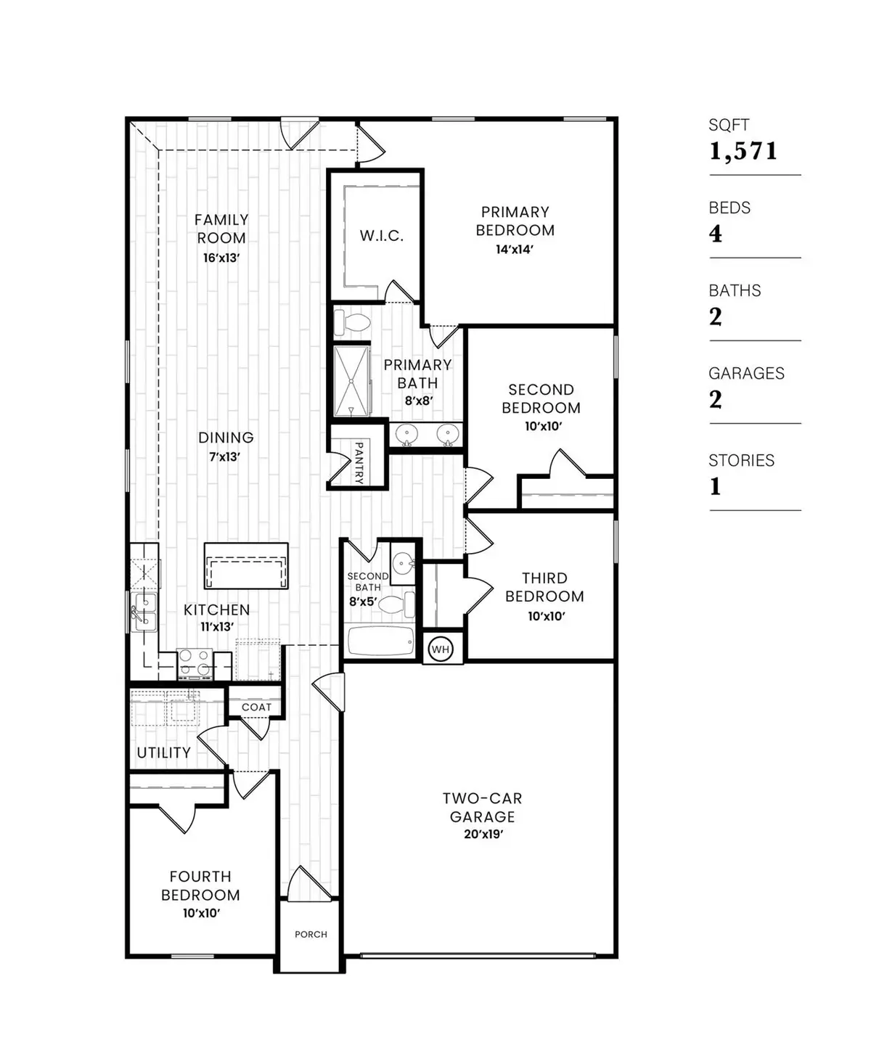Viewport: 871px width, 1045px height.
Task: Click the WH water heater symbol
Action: (x=441, y=649)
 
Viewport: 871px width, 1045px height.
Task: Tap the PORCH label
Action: (x=311, y=934)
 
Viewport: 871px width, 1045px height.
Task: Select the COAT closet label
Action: (x=256, y=707)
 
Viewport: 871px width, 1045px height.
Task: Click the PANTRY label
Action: (x=359, y=462)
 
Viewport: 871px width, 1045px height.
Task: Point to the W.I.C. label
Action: (x=382, y=236)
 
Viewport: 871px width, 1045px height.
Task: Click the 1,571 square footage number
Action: (x=743, y=151)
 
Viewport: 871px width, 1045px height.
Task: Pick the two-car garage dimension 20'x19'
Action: (x=483, y=835)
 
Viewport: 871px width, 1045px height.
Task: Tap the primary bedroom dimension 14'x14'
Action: (x=515, y=249)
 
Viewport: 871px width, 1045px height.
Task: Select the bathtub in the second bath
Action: (x=381, y=642)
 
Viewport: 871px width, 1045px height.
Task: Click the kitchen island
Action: (x=246, y=565)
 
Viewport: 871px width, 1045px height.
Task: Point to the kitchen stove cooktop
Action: (x=195, y=663)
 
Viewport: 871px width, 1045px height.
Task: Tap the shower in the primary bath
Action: (x=351, y=382)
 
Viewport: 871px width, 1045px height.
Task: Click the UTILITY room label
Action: (x=164, y=753)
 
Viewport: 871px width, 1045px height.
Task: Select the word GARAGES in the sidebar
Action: (x=746, y=373)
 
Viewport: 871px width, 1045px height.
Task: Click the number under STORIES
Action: (x=716, y=486)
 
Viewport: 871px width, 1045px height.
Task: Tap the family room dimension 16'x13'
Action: (x=221, y=258)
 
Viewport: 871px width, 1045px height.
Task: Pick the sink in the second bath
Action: (x=403, y=562)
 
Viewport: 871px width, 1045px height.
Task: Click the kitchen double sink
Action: (x=144, y=612)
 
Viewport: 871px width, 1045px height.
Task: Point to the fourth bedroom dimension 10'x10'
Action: (x=201, y=914)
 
